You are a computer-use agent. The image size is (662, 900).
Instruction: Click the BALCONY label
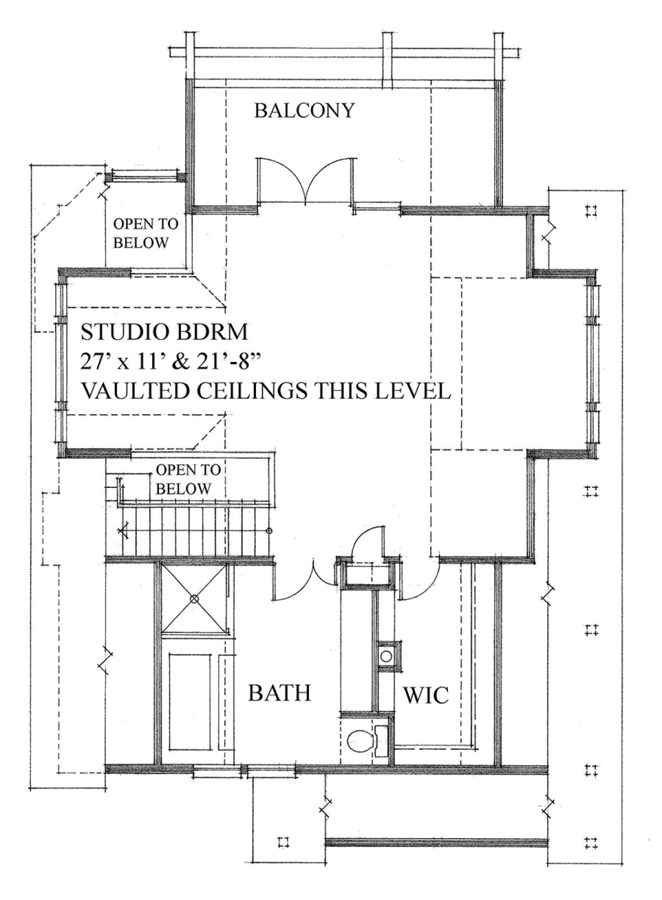(304, 110)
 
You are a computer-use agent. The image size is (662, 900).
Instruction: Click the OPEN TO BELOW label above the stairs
(188, 480)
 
